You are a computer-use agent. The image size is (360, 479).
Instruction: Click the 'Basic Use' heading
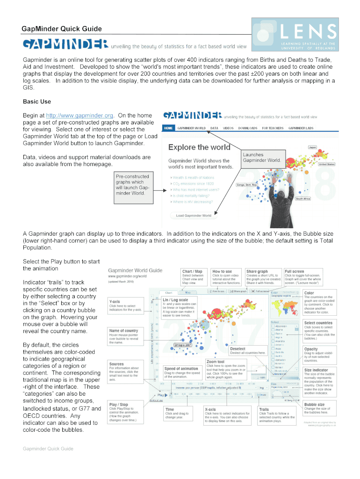[x=37, y=102]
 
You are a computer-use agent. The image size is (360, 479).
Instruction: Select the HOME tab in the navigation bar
[x=168, y=128]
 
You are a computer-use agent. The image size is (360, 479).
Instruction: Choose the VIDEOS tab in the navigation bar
[x=228, y=128]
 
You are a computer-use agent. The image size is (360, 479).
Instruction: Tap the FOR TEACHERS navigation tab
[x=272, y=128]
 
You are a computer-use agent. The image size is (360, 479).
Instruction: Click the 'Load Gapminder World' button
[x=193, y=216]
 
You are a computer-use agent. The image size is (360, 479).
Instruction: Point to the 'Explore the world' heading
[x=199, y=147]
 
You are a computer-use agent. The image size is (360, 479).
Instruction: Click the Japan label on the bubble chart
[x=312, y=147]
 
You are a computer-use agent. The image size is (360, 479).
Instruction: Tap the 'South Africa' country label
[x=303, y=199]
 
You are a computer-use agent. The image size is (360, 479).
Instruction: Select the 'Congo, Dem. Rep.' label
[x=247, y=185]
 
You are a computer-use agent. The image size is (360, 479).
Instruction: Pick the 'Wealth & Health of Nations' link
[x=194, y=178]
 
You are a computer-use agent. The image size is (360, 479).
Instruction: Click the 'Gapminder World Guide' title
[x=135, y=270]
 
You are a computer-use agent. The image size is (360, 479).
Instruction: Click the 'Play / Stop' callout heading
[x=119, y=405]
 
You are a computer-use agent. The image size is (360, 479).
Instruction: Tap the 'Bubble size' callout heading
[x=314, y=405]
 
